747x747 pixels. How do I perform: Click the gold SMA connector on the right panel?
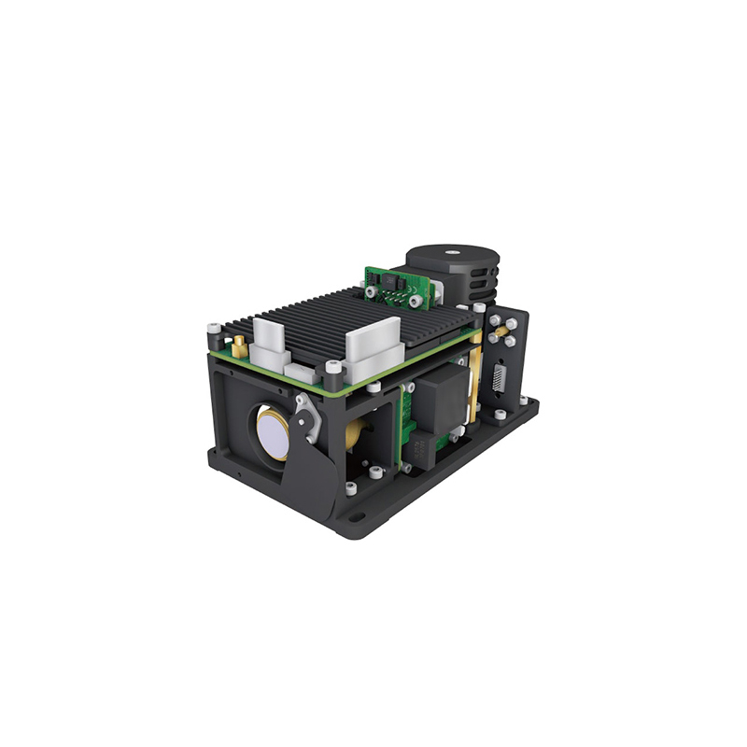pyautogui.click(x=502, y=331)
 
